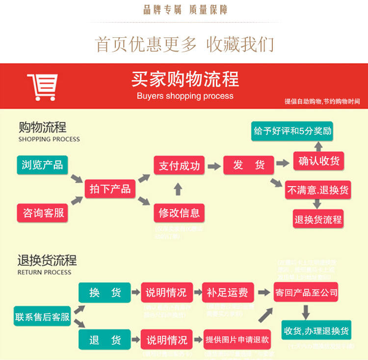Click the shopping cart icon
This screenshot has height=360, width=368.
pyautogui.click(x=42, y=87)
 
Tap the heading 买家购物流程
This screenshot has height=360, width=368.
pyautogui.click(x=185, y=79)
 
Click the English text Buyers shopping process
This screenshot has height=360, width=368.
pyautogui.click(x=185, y=96)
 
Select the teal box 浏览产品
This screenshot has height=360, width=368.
pyautogui.click(x=42, y=165)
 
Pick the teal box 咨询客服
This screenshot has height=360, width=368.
pyautogui.click(x=43, y=213)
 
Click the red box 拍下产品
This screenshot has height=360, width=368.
pyautogui.click(x=110, y=189)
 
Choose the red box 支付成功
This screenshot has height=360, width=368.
pyautogui.click(x=179, y=166)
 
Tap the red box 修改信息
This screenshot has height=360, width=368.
pyautogui.click(x=179, y=213)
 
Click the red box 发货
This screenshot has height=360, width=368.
pyautogui.click(x=249, y=166)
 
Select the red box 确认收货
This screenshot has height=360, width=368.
pyautogui.click(x=319, y=161)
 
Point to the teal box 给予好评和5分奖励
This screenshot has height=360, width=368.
pyautogui.click(x=292, y=131)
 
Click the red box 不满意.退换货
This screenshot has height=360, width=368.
pyautogui.click(x=318, y=190)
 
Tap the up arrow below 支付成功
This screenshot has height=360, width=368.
pyautogui.click(x=178, y=190)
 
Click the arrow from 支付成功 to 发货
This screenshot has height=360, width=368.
pyautogui.click(x=214, y=166)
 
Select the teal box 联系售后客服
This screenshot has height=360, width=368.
pyautogui.click(x=42, y=317)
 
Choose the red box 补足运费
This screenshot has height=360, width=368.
pyautogui.click(x=227, y=293)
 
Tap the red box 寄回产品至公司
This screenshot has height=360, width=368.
pyautogui.click(x=306, y=293)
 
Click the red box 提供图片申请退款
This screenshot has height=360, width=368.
pyautogui.click(x=237, y=339)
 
